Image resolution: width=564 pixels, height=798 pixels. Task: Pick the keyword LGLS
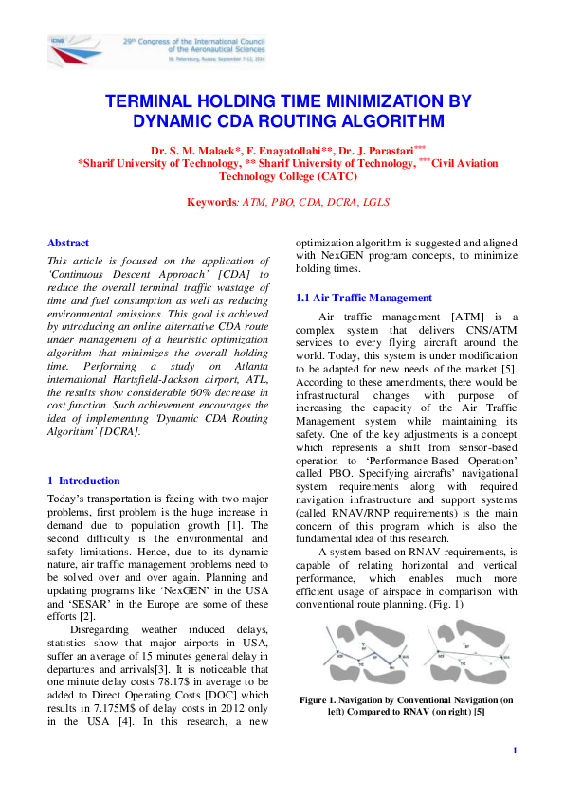pyautogui.click(x=376, y=202)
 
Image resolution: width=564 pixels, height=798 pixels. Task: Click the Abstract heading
pyautogui.click(x=68, y=243)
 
